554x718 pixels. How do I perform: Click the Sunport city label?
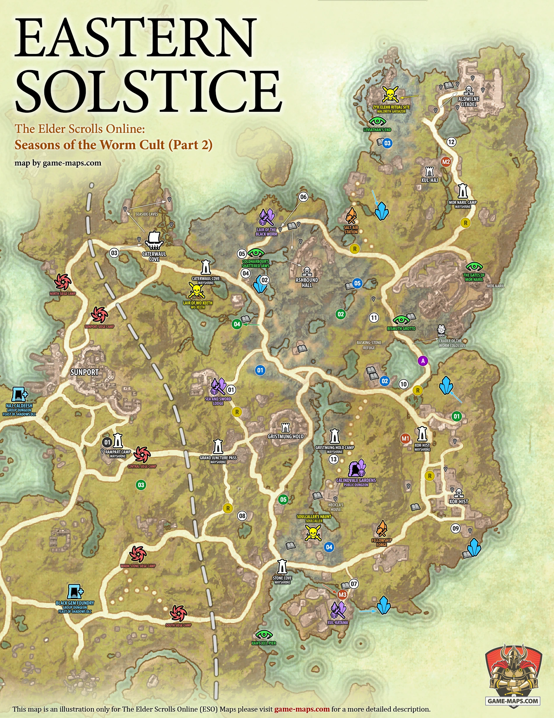click(84, 372)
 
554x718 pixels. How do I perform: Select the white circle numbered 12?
click(451, 142)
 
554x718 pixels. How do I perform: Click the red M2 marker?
click(446, 162)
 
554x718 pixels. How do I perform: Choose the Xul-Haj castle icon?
click(429, 171)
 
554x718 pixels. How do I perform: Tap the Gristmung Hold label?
click(285, 436)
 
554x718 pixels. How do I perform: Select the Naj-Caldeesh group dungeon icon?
click(19, 395)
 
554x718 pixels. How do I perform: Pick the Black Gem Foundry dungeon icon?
click(75, 592)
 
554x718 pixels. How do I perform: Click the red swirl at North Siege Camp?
click(63, 282)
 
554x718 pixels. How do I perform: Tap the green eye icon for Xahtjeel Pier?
click(264, 634)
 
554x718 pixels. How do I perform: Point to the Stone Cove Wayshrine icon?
click(282, 567)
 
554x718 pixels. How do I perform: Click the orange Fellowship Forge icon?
click(382, 528)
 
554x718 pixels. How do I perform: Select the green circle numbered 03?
click(141, 485)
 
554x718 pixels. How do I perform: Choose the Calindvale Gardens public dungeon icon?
click(357, 468)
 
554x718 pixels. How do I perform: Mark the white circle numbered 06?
click(303, 197)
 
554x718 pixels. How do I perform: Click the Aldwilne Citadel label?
click(469, 102)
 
